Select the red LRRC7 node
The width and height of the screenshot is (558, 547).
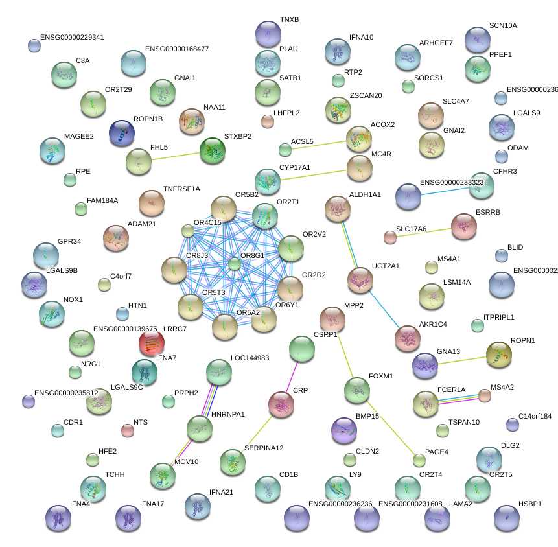coord(151,343)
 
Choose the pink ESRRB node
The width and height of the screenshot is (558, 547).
coord(463,226)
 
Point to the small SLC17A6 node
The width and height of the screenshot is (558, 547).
coord(389,237)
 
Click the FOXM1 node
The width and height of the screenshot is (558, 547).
coord(357,390)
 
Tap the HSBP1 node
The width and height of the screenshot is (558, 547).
coord(506,517)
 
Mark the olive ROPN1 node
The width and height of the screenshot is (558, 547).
coord(498,354)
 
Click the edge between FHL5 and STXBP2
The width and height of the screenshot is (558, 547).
coord(175,156)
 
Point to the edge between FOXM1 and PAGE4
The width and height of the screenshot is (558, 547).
coord(389,425)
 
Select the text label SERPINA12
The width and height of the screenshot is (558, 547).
coord(264,448)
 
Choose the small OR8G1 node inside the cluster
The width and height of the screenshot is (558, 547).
coord(234,264)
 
